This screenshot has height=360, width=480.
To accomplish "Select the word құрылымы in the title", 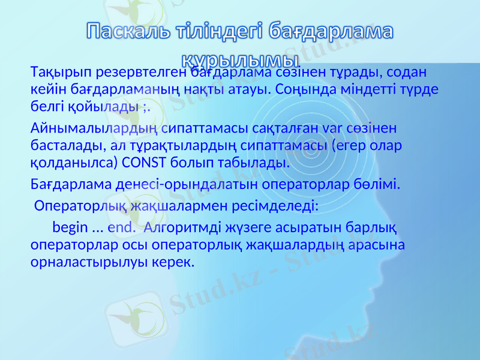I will click(x=241, y=58).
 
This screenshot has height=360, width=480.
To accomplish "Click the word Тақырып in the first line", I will click(x=55, y=73).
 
